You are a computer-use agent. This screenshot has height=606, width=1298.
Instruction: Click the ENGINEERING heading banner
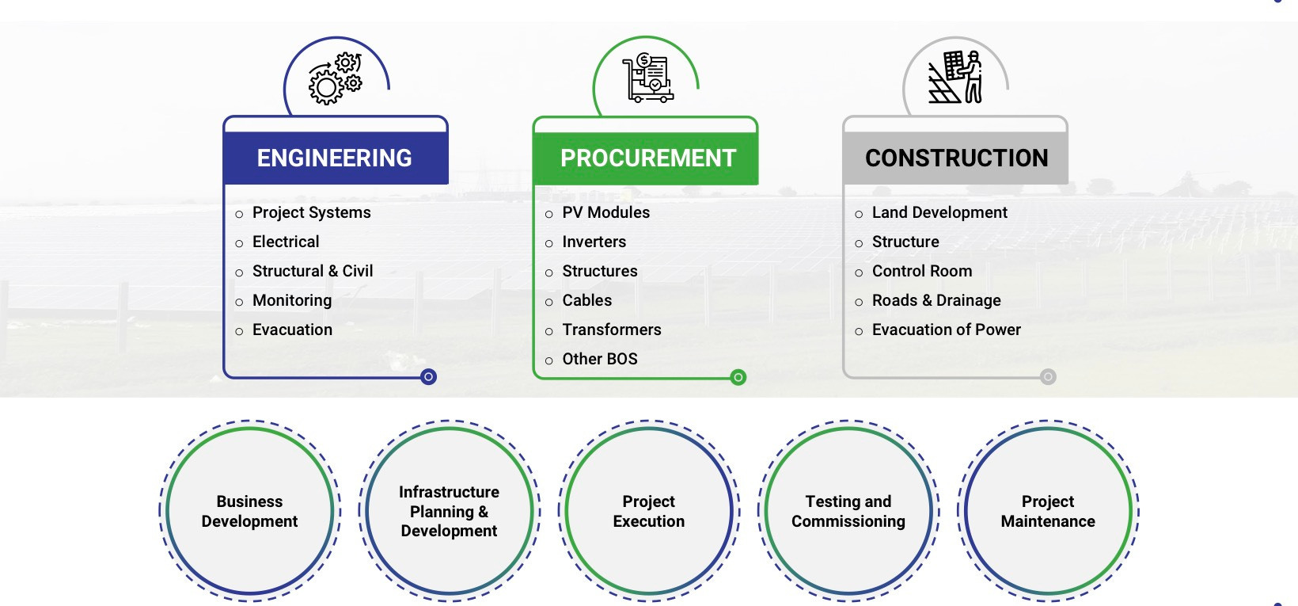click(335, 158)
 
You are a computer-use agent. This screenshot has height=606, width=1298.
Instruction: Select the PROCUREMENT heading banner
click(647, 158)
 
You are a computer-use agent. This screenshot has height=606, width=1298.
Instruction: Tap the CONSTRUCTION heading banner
click(956, 158)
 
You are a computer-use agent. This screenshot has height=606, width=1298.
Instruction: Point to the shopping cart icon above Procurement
click(647, 78)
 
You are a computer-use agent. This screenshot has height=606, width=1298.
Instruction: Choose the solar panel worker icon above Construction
click(955, 78)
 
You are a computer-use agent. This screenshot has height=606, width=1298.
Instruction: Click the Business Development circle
click(249, 511)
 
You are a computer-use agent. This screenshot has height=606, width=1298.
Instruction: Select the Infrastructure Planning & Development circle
click(449, 511)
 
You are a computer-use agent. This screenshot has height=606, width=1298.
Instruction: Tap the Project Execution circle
click(648, 511)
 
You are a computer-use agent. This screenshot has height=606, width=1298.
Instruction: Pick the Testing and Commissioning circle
click(848, 511)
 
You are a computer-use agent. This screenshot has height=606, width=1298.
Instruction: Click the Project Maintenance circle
click(1047, 511)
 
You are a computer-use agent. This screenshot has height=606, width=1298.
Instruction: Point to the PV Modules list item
click(605, 212)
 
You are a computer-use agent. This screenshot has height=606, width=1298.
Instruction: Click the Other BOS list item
click(599, 359)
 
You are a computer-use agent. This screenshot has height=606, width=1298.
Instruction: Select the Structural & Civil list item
click(313, 271)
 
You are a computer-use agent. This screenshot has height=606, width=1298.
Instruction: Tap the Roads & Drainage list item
click(936, 300)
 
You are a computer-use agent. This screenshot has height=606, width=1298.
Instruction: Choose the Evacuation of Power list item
click(946, 330)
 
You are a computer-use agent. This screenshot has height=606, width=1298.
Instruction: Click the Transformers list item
click(611, 330)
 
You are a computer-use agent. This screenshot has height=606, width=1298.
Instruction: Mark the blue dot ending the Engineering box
click(428, 377)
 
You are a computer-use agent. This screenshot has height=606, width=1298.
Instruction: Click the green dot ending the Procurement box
click(738, 377)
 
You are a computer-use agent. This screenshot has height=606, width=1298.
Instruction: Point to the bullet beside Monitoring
click(239, 302)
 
